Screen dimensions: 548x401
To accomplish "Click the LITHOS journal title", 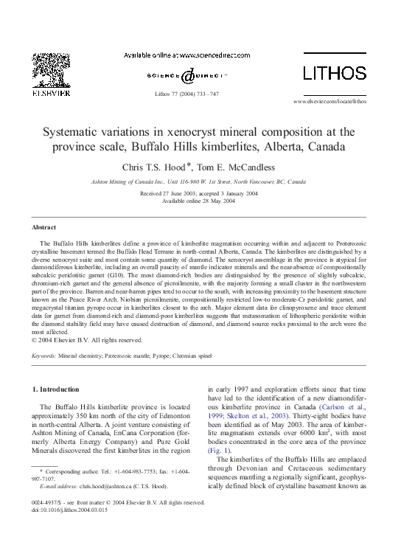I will pyautogui.click(x=335, y=73).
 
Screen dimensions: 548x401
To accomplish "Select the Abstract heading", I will pyautogui.click(x=44, y=227).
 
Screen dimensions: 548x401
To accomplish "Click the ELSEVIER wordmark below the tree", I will pyautogui.click(x=50, y=94).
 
